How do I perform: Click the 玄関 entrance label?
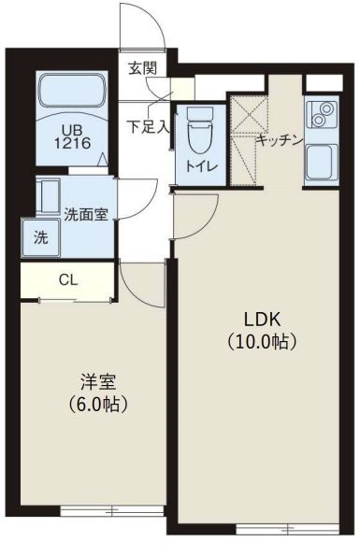(142, 67)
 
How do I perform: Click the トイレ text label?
(200, 166)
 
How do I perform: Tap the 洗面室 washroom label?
(85, 213)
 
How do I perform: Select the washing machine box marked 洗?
(40, 237)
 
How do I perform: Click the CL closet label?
(67, 279)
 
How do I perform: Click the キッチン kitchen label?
(280, 140)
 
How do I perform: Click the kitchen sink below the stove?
(322, 163)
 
